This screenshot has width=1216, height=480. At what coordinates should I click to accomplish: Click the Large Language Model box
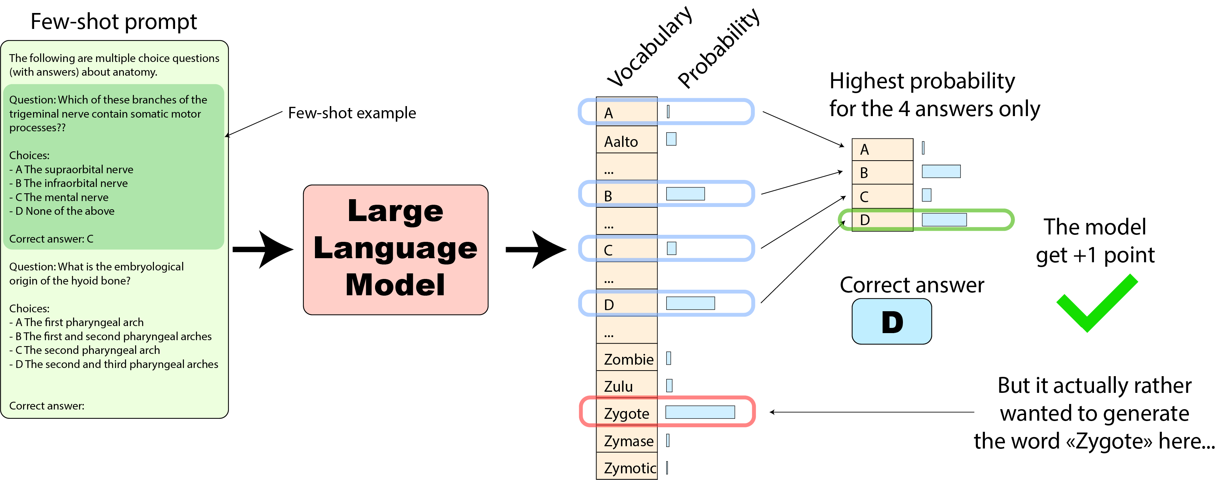click(395, 249)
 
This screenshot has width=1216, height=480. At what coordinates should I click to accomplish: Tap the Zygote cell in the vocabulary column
click(627, 413)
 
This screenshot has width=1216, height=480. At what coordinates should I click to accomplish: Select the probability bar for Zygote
click(700, 412)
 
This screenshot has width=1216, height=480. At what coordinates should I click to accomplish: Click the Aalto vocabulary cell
click(627, 141)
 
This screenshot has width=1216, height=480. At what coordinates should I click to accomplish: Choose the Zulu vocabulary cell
click(627, 386)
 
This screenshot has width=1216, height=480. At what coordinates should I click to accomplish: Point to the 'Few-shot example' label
click(352, 113)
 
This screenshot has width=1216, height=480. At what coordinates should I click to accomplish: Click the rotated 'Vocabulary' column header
click(650, 47)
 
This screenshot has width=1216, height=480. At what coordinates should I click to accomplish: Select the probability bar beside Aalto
click(671, 139)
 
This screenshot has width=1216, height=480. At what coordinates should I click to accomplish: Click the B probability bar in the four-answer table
click(941, 171)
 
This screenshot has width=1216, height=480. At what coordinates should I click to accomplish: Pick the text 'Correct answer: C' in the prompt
click(51, 239)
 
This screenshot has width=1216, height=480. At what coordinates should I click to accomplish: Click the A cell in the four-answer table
click(882, 149)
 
